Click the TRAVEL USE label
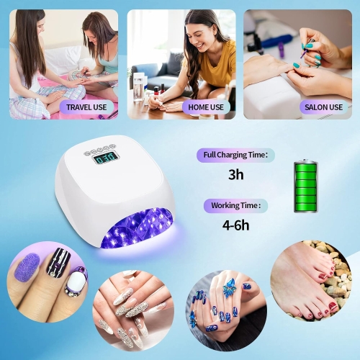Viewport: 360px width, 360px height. [x=86, y=107]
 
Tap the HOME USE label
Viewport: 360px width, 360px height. [x=206, y=107]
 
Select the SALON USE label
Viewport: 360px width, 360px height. [x=323, y=107]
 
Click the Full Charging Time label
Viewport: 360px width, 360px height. [x=235, y=155]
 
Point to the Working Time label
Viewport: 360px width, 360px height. [x=235, y=206]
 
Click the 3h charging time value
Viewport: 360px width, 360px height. [x=236, y=174]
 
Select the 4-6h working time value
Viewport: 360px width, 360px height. [x=235, y=225]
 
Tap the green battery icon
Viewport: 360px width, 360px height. [x=306, y=186]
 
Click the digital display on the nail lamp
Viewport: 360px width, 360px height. [x=106, y=158]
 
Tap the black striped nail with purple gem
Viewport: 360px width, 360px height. [x=58, y=262]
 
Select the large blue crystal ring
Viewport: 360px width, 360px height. [x=230, y=287]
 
